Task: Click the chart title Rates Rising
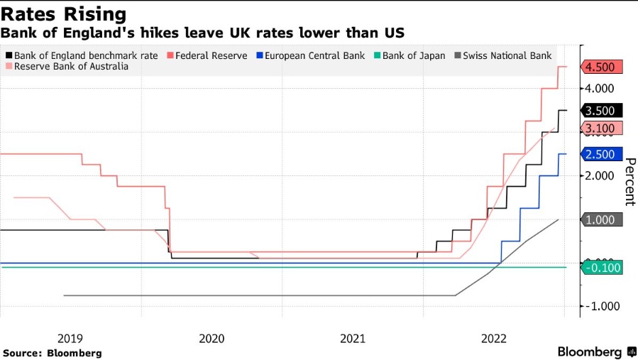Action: pyautogui.click(x=65, y=13)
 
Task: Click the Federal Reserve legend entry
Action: pyautogui.click(x=207, y=55)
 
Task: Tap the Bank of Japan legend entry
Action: pyautogui.click(x=409, y=55)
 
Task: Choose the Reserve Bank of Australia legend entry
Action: pyautogui.click(x=67, y=66)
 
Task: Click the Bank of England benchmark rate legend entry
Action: pyautogui.click(x=78, y=55)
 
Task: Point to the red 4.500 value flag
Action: pyautogui.click(x=602, y=67)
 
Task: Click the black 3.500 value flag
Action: pyautogui.click(x=602, y=110)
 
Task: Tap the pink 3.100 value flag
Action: pyautogui.click(x=602, y=128)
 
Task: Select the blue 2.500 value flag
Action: pyautogui.click(x=602, y=154)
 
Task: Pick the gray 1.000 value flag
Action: pyautogui.click(x=602, y=219)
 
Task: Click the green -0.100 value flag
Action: pyautogui.click(x=602, y=267)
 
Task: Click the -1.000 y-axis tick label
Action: pyautogui.click(x=600, y=306)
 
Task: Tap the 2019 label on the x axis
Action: pyautogui.click(x=70, y=339)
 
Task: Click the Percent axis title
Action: pyautogui.click(x=629, y=181)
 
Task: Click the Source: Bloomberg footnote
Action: pyautogui.click(x=53, y=353)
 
